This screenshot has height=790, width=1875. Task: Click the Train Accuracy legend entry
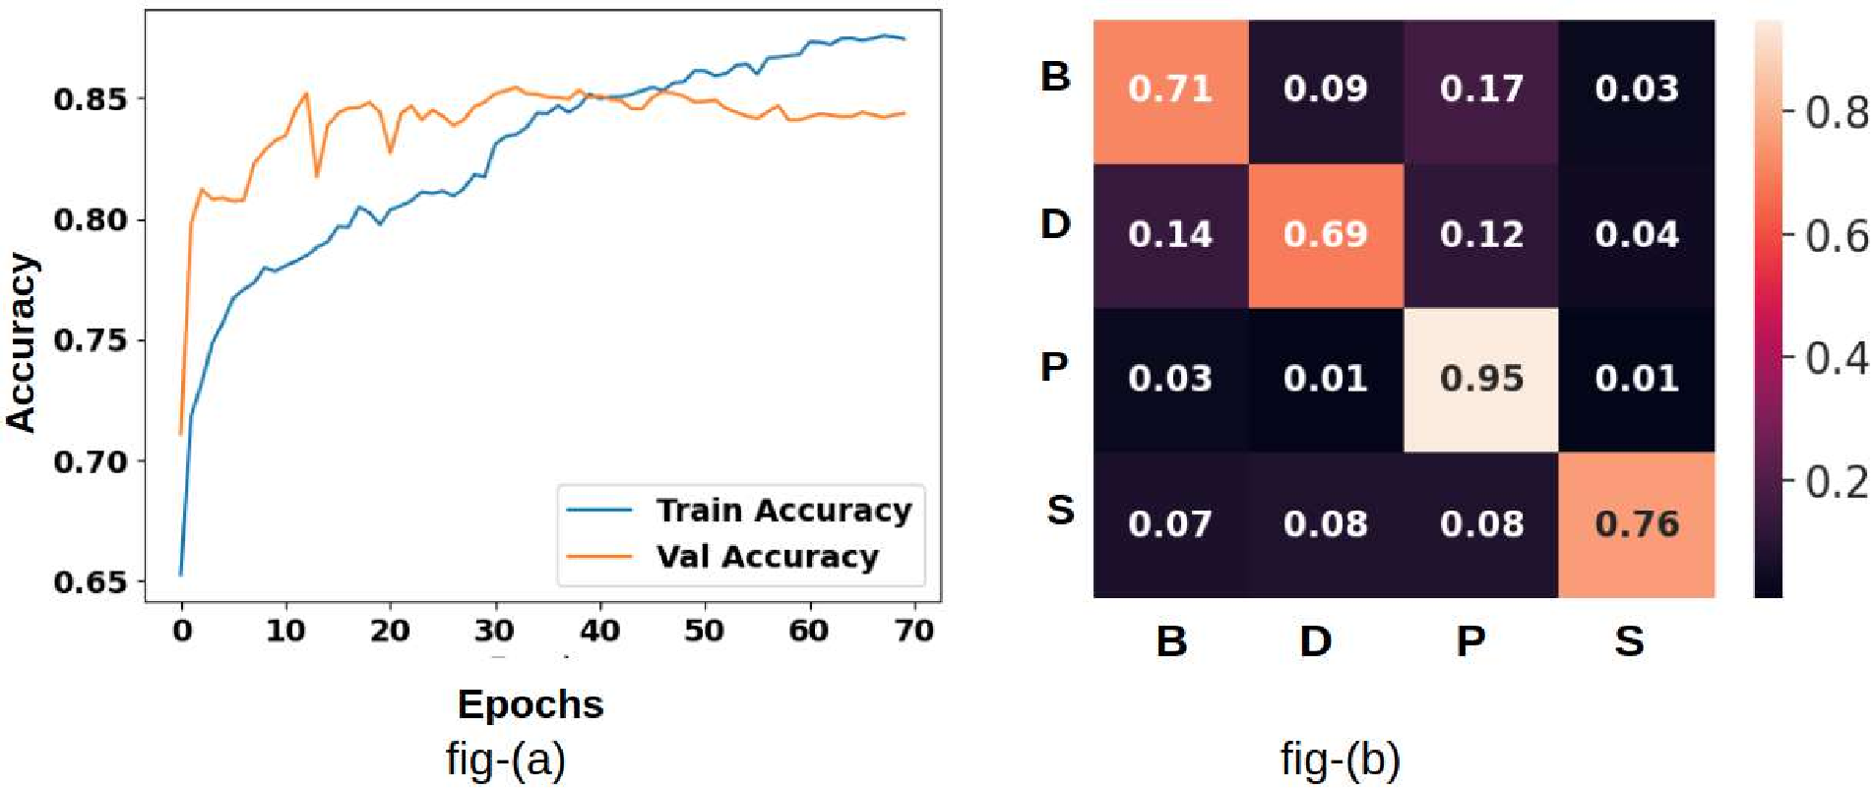coord(783,511)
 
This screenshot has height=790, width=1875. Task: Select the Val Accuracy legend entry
coord(767,557)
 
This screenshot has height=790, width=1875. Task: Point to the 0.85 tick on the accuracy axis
coord(92,99)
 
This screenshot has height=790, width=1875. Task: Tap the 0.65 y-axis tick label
coord(92,582)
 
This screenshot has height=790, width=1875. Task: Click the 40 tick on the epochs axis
coord(598,631)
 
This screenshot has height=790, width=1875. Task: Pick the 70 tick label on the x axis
coord(914,631)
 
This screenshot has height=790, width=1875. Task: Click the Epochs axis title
coord(531,704)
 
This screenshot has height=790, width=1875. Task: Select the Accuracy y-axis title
coord(22,341)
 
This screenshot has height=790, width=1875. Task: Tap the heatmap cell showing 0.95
coord(1481,379)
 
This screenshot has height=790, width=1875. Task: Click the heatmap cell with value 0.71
coord(1170,90)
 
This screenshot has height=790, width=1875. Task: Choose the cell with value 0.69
coord(1326,235)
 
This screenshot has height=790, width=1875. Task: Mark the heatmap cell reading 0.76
coord(1637,524)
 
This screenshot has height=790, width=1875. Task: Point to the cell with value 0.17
coord(1481,90)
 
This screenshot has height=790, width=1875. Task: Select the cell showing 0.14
coord(1170,235)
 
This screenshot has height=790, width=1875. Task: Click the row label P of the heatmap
coord(1054,367)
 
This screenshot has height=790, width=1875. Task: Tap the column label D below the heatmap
coord(1316,641)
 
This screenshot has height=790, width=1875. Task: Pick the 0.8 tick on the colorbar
coord(1837,113)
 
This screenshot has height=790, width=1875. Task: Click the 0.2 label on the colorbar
coord(1837,482)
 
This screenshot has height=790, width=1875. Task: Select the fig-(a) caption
coord(506,760)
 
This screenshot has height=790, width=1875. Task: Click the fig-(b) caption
coord(1340,760)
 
